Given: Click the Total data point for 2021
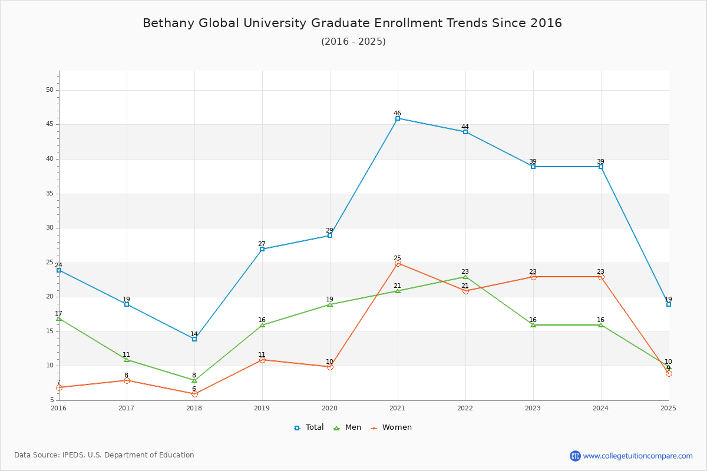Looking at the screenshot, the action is pyautogui.click(x=398, y=118).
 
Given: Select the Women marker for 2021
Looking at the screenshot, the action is pyautogui.click(x=398, y=263).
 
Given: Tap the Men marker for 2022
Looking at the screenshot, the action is pyautogui.click(x=465, y=277).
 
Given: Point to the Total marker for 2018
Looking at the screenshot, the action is pyautogui.click(x=194, y=339).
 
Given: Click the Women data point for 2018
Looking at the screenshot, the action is pyautogui.click(x=194, y=394).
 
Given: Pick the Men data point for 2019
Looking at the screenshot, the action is pyautogui.click(x=262, y=325).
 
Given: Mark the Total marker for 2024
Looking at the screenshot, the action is pyautogui.click(x=601, y=167).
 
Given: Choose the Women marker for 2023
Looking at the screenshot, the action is pyautogui.click(x=533, y=277).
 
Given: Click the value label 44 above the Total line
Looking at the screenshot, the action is pyautogui.click(x=465, y=127).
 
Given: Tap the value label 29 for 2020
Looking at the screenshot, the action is pyautogui.click(x=329, y=230).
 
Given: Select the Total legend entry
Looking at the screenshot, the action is pyautogui.click(x=309, y=427).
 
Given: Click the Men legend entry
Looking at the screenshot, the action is pyautogui.click(x=348, y=427).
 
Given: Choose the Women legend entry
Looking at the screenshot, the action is pyautogui.click(x=391, y=427).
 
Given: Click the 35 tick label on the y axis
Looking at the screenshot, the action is pyautogui.click(x=50, y=193).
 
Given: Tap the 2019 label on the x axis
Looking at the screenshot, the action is pyautogui.click(x=262, y=408).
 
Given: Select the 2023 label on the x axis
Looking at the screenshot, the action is pyautogui.click(x=533, y=408).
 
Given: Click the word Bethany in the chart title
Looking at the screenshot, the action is pyautogui.click(x=169, y=24).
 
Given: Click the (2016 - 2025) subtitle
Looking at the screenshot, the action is pyautogui.click(x=353, y=42).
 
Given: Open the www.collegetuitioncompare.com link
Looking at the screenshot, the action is pyautogui.click(x=637, y=456).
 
